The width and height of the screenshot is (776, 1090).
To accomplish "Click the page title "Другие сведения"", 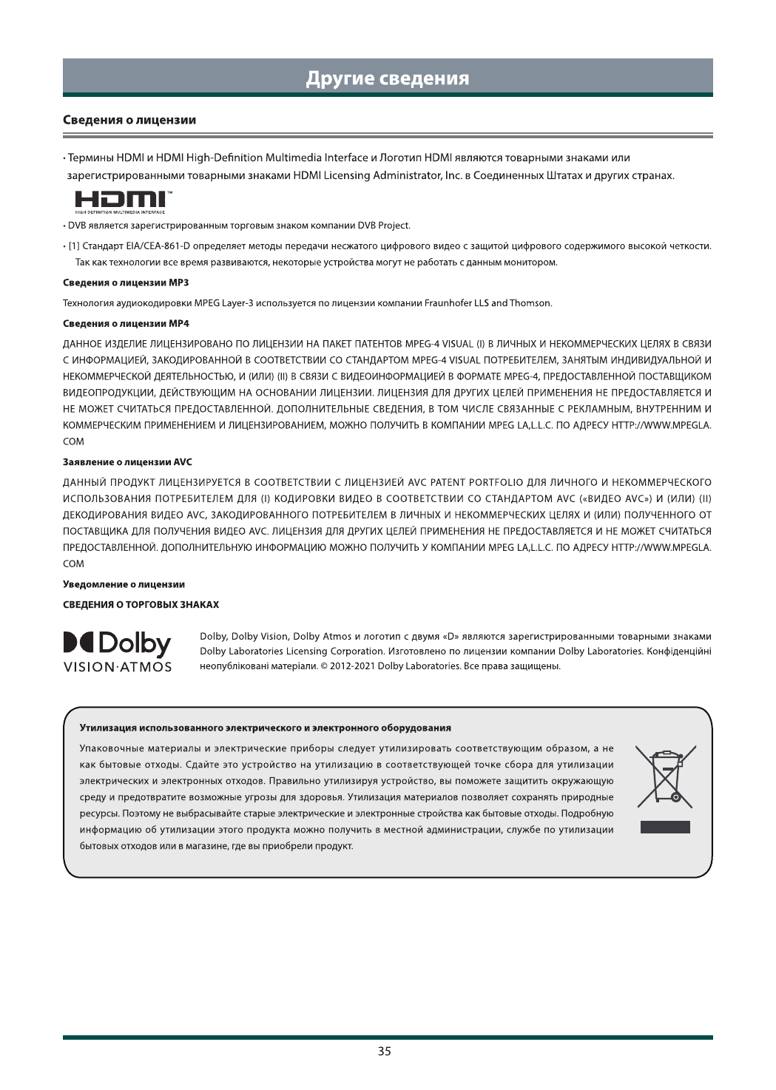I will coord(388,78).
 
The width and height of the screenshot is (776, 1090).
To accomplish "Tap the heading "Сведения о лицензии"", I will coord(129,120).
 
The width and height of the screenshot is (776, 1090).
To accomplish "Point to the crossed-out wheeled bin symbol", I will coord(665,776).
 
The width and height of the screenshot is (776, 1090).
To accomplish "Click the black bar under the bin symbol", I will coord(665,827).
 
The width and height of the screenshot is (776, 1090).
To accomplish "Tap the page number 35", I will coord(385,1051).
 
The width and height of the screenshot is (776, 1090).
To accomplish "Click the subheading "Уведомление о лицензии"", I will coord(124,584).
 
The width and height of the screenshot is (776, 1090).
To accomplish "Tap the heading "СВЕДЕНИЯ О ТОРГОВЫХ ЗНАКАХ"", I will coord(141,604).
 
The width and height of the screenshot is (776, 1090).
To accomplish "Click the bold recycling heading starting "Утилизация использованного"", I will coord(265,728).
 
